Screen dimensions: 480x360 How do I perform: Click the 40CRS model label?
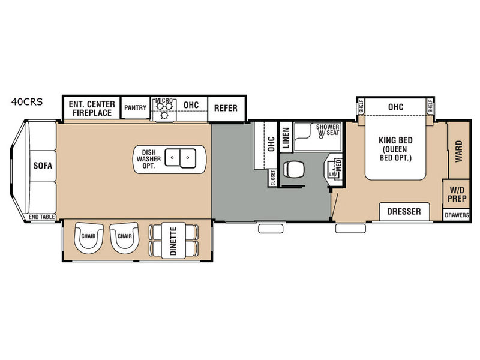[x=27, y=101]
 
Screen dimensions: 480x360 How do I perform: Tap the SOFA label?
[x=43, y=166]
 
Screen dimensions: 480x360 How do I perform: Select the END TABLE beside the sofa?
[x=42, y=217]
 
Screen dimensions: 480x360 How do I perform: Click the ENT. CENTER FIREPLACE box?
[x=92, y=109]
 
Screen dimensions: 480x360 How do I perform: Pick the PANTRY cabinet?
[x=136, y=108]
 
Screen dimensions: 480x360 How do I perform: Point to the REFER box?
[x=226, y=109]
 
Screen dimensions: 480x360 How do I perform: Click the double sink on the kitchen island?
[x=181, y=158]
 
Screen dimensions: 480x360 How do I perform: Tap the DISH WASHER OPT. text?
[x=148, y=159]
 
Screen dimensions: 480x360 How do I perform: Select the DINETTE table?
[x=173, y=241]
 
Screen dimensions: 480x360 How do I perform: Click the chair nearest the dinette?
[x=124, y=238]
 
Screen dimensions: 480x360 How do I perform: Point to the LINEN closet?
[x=286, y=137]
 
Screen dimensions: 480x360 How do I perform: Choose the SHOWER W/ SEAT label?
[x=328, y=130]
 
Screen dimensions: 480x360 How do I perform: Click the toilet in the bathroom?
[x=293, y=169]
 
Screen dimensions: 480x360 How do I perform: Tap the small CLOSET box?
[x=272, y=178]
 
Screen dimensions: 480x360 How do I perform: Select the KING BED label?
[x=395, y=140]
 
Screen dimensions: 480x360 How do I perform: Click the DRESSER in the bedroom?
[x=404, y=212]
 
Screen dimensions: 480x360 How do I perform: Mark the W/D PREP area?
[x=457, y=194]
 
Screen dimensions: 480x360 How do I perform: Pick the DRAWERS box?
[x=457, y=215]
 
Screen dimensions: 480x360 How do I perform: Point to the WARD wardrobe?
[x=458, y=151]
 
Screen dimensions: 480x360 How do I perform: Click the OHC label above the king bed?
[x=395, y=107]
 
